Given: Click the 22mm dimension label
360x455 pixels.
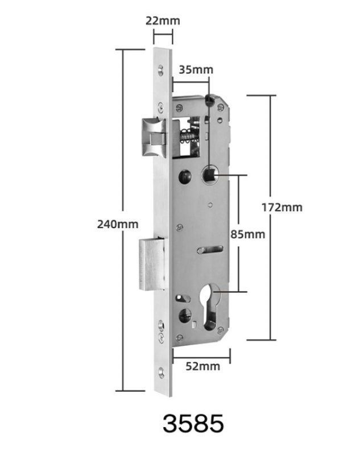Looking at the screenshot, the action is point(163,21).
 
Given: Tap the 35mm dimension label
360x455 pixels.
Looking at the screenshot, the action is point(196,70).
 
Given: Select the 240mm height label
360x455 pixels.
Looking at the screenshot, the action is point(118,224).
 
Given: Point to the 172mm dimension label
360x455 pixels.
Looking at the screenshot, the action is point(282,208).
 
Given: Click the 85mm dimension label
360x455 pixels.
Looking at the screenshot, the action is point(248,234).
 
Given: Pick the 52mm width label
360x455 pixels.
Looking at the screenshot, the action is point(203,366).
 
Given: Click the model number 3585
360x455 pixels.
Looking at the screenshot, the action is point(193,424).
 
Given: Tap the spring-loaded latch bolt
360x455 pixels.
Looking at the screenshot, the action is point(154,137).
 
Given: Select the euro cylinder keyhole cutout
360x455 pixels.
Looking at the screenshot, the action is point(210,307).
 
